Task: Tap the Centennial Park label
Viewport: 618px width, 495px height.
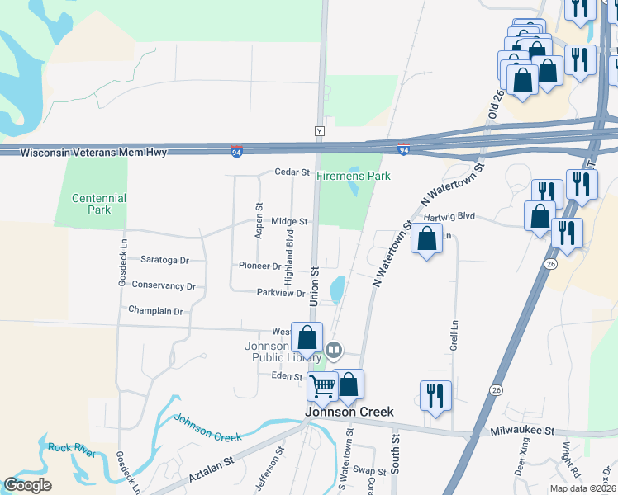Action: click(x=98, y=204)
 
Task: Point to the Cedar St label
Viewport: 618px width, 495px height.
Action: click(x=292, y=173)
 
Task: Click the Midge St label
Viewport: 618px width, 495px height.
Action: click(x=289, y=221)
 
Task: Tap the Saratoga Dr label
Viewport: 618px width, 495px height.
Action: click(x=164, y=260)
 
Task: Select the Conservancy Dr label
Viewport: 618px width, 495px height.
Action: click(x=164, y=286)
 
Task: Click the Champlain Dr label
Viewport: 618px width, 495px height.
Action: click(x=154, y=311)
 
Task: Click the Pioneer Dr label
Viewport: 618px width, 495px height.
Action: click(x=259, y=266)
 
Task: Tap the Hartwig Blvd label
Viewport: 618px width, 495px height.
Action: click(x=449, y=216)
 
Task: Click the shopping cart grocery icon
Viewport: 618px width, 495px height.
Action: click(x=322, y=385)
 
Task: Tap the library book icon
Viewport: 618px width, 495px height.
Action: click(x=334, y=350)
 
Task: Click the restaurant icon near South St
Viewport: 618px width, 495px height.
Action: click(x=435, y=395)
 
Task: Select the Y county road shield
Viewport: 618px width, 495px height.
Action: click(x=319, y=130)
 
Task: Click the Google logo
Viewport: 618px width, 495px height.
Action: click(x=27, y=485)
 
